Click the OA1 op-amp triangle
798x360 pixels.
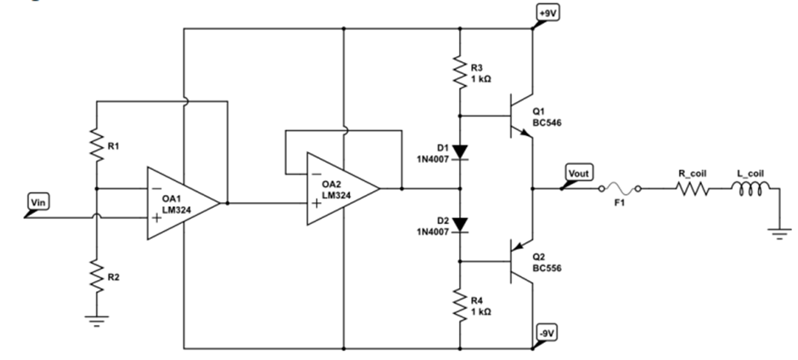click(178, 203)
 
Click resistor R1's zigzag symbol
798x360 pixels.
click(96, 146)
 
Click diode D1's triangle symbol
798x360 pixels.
click(459, 152)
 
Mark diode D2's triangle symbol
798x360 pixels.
click(459, 225)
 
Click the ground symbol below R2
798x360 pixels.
click(96, 320)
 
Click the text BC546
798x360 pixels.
click(548, 123)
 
